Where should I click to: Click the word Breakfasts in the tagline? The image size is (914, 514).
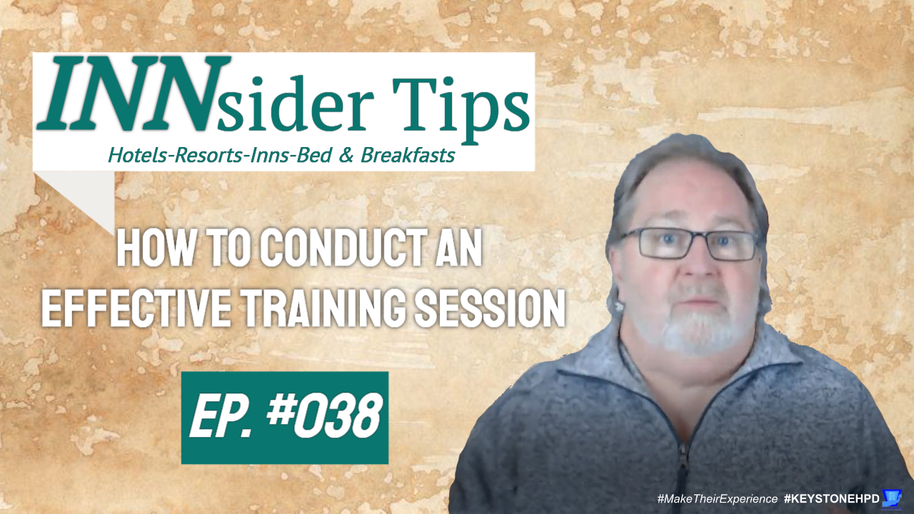point(408,155)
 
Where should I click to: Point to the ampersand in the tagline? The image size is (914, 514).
point(346,156)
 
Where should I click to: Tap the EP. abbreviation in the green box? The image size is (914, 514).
point(221,418)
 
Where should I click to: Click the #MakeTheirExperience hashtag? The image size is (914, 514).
point(718,498)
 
